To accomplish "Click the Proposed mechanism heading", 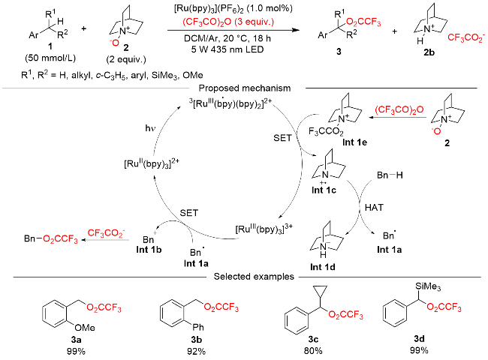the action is tap(245, 88).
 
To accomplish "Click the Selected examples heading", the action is tap(254, 276).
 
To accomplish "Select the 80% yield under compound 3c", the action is tap(313, 351).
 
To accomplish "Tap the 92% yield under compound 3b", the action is tap(196, 351).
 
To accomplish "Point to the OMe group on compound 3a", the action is tap(85, 327).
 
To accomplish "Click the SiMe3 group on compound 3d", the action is tap(428, 286).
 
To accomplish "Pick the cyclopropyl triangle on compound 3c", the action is tap(321, 291).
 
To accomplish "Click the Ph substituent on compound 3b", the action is tap(198, 327).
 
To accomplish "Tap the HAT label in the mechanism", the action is tap(374, 207).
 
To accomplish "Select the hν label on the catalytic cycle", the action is tap(150, 128).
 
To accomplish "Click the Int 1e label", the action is tap(354, 142).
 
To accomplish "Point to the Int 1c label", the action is tap(324, 190).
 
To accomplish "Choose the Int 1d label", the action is tap(322, 267).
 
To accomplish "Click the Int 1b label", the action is tap(149, 250).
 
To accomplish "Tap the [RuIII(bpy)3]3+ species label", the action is tap(264, 229).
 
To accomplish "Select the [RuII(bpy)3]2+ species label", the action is tap(152, 163).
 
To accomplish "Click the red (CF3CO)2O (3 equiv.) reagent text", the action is tap(228, 22).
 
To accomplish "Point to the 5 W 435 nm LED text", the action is tap(227, 49).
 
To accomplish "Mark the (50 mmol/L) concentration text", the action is tap(50, 58).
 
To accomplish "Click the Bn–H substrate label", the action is tap(390, 175).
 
